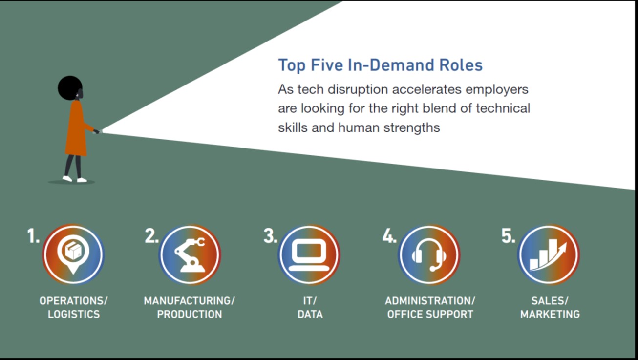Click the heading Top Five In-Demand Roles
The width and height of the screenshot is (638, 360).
(380, 65)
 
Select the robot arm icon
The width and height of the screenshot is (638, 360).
(190, 255)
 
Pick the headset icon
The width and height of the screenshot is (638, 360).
(429, 255)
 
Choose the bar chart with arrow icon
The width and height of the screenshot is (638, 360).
(548, 255)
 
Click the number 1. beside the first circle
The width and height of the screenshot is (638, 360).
(33, 236)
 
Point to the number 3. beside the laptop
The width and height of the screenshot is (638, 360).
(270, 236)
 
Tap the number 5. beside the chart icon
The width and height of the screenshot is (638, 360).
(508, 236)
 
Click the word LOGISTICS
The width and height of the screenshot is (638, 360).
(74, 314)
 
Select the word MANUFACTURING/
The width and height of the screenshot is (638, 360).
(189, 301)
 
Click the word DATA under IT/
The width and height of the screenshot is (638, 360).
(310, 314)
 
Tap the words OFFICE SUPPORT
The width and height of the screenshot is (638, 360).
(430, 314)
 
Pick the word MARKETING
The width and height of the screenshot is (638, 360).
(550, 314)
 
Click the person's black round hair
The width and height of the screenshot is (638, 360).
(70, 88)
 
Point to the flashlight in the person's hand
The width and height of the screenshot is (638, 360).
(97, 131)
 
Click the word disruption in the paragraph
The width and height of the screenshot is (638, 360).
(358, 89)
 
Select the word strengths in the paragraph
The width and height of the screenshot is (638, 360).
(411, 127)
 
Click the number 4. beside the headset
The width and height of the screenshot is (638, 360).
(389, 236)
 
